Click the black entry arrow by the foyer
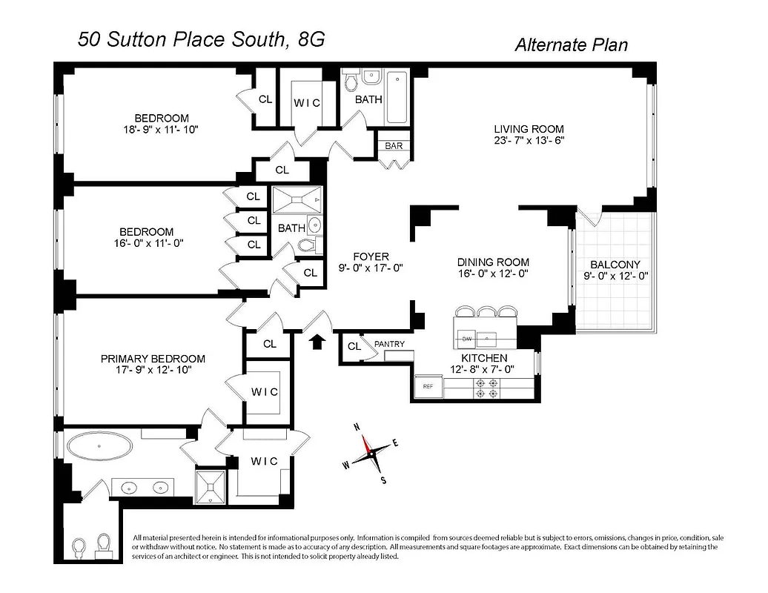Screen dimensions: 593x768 coord(317,341)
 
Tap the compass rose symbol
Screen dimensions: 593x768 coord(369,451)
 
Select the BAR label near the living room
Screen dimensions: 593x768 coord(394,146)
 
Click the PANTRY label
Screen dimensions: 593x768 coord(389,344)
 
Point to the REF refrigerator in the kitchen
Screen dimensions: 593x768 coord(428,386)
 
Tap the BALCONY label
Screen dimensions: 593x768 coord(615,265)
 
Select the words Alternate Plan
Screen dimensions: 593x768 coord(571,44)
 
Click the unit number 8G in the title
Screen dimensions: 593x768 coord(309,39)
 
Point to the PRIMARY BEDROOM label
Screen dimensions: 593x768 coord(153,359)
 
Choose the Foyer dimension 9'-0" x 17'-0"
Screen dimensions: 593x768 coord(371,268)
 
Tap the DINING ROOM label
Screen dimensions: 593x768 coord(493,262)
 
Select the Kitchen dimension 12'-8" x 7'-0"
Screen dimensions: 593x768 coord(482,369)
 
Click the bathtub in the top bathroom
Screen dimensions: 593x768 coord(397,96)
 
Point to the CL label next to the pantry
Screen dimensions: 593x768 coord(354,346)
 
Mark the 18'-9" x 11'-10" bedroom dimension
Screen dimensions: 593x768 coord(161,129)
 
